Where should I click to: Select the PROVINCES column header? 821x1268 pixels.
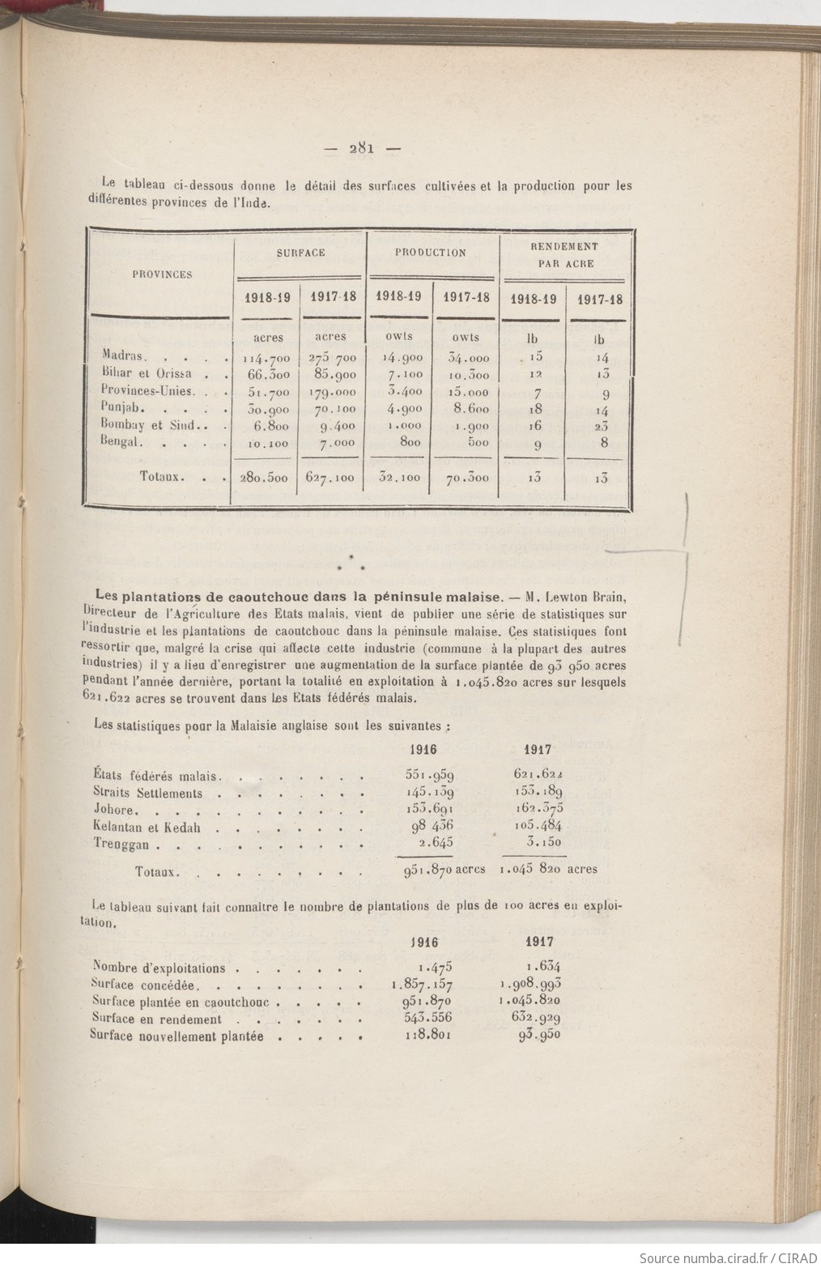162,274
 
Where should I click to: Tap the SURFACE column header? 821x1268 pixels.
300,253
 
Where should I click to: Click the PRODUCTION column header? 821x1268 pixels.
430,253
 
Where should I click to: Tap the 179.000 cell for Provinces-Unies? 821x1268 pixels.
331,393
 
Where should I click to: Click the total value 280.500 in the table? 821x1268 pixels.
264,478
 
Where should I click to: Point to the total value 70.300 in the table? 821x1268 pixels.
467,478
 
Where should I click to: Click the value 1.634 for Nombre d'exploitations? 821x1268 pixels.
542,965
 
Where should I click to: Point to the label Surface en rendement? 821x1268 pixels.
156,1019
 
